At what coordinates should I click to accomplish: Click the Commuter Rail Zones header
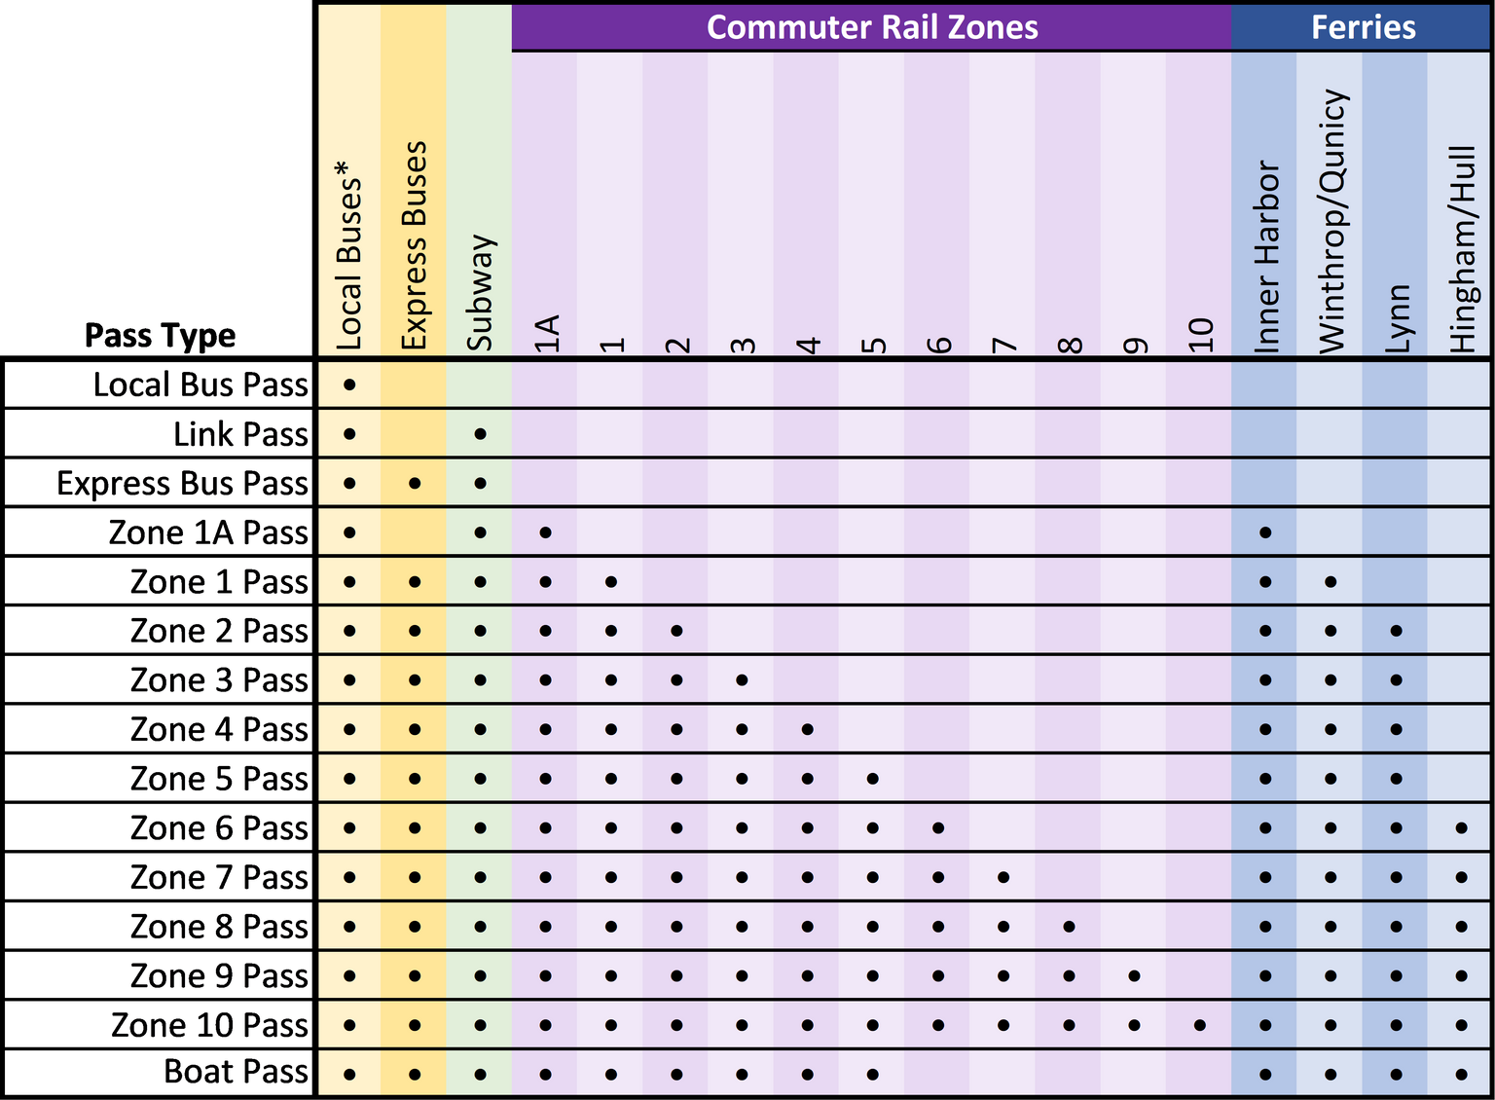(x=871, y=26)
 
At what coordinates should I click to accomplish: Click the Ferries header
(x=1362, y=26)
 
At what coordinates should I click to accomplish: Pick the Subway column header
(x=480, y=292)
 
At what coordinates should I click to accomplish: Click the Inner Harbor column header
(x=1265, y=257)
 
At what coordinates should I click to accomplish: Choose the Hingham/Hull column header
(x=1462, y=249)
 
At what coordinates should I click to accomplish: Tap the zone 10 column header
(x=1200, y=335)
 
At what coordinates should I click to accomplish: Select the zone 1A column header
(x=546, y=333)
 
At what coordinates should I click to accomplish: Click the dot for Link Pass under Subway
(x=480, y=433)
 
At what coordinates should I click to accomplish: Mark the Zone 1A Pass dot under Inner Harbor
(x=1265, y=532)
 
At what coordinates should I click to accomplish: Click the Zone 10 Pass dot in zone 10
(x=1200, y=1025)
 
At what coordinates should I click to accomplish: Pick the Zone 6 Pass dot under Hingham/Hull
(x=1461, y=828)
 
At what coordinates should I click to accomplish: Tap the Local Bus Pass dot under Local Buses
(x=349, y=385)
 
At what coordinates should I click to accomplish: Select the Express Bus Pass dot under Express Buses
(x=415, y=483)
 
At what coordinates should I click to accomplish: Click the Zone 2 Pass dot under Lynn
(x=1396, y=631)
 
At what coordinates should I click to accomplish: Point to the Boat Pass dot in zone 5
(x=873, y=1075)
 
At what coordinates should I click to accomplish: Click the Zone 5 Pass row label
(x=219, y=779)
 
